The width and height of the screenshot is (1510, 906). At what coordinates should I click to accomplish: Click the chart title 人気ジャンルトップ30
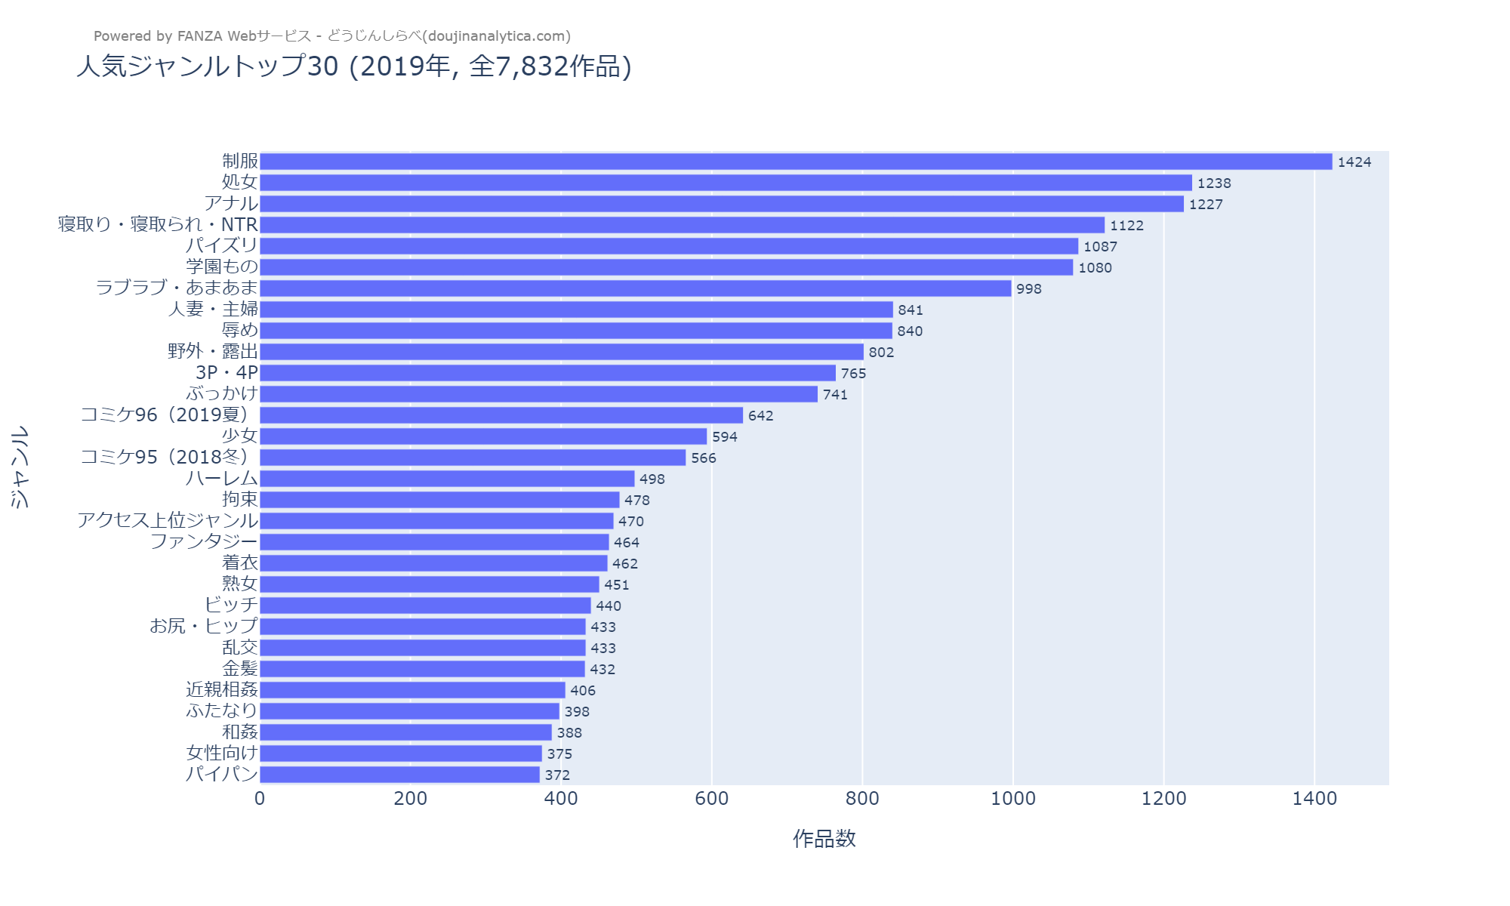click(353, 66)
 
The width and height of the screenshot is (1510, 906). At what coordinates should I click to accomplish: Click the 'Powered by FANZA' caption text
click(332, 36)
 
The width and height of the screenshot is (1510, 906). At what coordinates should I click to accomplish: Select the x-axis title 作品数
click(824, 839)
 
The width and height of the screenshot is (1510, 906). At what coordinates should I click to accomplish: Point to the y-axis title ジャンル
click(20, 467)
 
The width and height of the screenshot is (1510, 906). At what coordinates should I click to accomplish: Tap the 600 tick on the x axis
click(711, 799)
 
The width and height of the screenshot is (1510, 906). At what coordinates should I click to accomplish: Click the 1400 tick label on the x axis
click(1314, 799)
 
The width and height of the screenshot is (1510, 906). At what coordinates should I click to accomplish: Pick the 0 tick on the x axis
click(260, 799)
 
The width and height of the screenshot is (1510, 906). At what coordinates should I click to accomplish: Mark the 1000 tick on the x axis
click(1012, 799)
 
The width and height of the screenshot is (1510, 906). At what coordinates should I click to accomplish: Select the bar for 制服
click(796, 162)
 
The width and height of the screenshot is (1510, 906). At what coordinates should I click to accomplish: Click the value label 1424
click(1354, 162)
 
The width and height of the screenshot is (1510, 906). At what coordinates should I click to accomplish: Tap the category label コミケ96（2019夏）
click(169, 414)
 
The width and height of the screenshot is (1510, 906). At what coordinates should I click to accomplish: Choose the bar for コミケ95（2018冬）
click(473, 458)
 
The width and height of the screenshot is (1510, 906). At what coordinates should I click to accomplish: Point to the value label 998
click(1028, 289)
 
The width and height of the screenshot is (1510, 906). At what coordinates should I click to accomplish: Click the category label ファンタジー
click(204, 541)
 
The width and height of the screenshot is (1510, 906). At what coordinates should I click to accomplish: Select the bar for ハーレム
click(447, 479)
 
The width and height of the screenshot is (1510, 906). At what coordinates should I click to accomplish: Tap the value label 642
click(760, 416)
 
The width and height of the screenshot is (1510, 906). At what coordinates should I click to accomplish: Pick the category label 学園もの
click(222, 267)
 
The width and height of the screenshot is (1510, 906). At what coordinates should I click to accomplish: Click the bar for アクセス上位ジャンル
click(436, 521)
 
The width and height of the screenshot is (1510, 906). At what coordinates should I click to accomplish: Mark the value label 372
click(557, 775)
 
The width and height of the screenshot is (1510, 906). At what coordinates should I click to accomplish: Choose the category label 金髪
click(240, 668)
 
